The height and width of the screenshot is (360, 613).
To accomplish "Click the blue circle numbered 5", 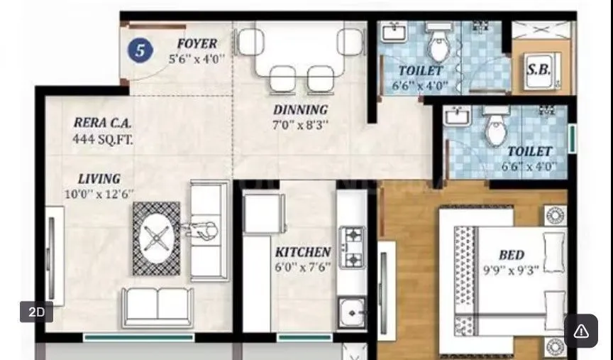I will pos(140,50).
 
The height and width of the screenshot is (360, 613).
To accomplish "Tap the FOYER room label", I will pos(197,44).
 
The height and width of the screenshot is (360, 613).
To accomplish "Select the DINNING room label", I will pos(301,110).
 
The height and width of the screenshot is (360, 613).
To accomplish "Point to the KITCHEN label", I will pos(303,252).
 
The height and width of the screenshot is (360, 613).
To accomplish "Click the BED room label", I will pos(511,255).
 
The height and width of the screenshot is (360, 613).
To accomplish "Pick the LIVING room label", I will pos(99,179).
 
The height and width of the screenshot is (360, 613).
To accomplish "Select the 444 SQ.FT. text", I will pos(102,138).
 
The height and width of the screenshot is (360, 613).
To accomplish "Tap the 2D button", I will pos(36,312).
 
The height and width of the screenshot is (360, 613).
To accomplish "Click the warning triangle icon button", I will pos(580,330).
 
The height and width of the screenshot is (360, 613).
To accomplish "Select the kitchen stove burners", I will pos(353,246).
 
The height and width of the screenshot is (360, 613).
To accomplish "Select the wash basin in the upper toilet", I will pos(392,33).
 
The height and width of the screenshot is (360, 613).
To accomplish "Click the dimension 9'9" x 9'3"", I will pos(511,270).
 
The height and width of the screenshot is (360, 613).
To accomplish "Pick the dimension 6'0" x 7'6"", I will pos(303,267).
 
